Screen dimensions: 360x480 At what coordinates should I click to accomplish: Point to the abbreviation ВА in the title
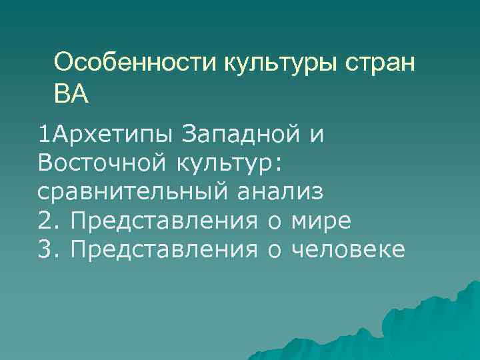71,93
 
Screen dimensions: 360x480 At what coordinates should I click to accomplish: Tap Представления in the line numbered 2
164,221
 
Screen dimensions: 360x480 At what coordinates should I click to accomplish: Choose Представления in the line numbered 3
164,250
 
